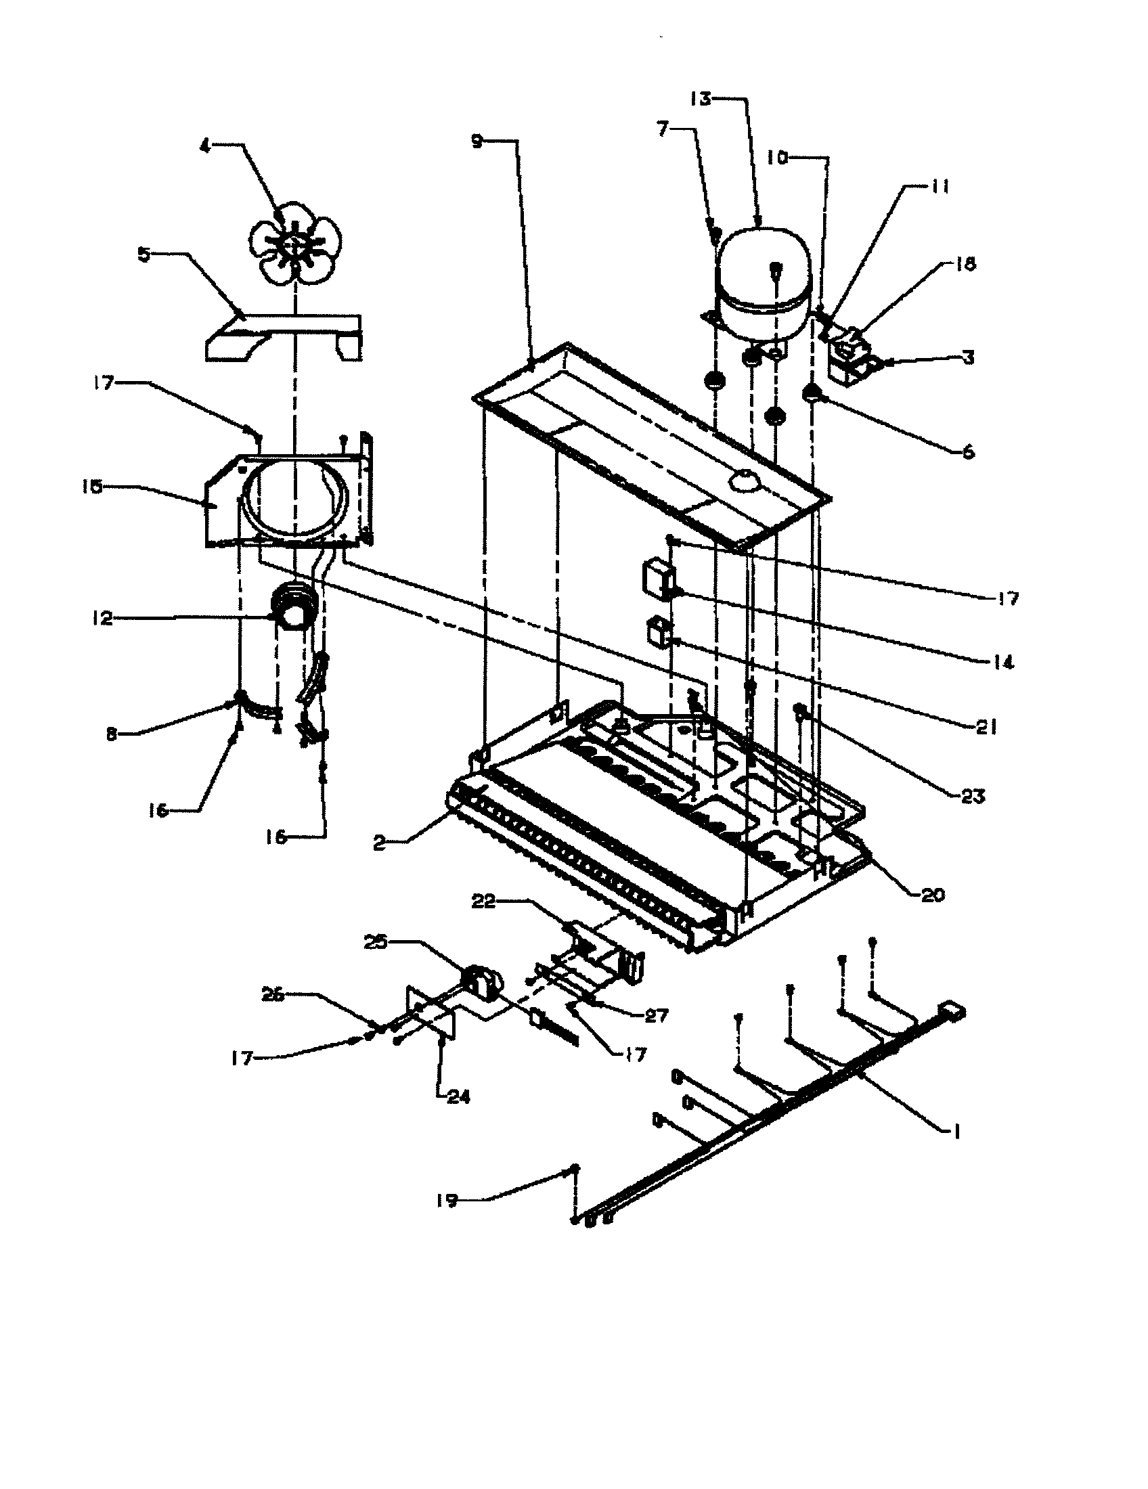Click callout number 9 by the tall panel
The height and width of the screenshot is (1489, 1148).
coord(477,141)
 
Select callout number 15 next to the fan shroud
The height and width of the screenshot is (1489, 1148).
coord(92,487)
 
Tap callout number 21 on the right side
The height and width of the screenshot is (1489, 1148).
coord(986,728)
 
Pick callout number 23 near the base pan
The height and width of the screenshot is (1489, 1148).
coord(972,796)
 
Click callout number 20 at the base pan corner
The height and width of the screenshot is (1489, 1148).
coord(933,895)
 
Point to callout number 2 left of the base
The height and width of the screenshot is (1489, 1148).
coord(380,843)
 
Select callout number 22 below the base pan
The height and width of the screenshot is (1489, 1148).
coord(487,902)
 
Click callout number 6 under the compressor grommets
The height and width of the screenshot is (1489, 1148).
coord(968,451)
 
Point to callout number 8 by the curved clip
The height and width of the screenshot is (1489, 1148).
coord(112,734)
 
